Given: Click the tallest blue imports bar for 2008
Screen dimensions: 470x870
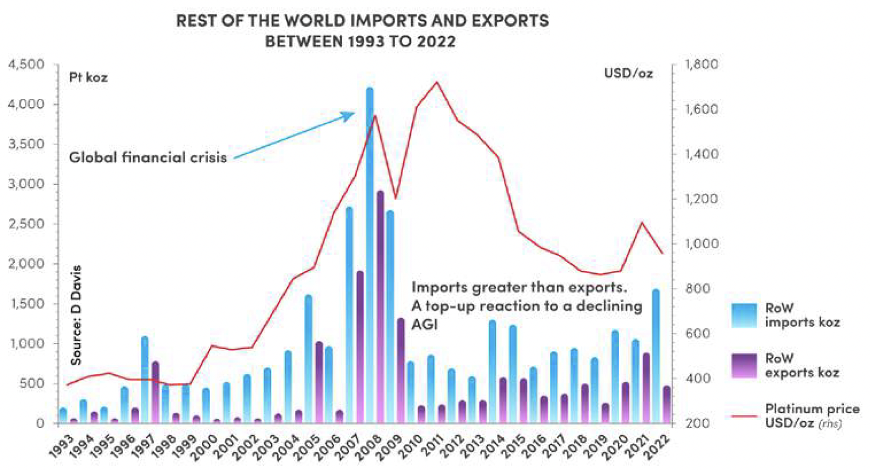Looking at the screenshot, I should click(370, 256).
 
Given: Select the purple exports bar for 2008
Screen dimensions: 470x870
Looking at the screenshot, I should click(380, 307).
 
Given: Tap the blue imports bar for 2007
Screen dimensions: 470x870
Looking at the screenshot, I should click(349, 316).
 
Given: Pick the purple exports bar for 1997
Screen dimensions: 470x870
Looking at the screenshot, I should click(155, 393).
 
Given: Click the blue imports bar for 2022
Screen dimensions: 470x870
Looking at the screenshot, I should click(656, 356).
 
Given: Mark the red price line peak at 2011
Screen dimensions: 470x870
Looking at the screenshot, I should click(437, 82).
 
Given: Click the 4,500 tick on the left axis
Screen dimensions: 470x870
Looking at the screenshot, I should click(26, 64).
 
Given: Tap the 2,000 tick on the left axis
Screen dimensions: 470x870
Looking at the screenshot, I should click(26, 264).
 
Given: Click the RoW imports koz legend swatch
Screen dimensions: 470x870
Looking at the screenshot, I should click(744, 315).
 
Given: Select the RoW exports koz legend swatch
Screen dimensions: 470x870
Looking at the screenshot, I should click(744, 366).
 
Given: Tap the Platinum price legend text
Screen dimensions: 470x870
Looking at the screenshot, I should click(811, 416).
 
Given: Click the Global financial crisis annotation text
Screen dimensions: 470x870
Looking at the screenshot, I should click(148, 158).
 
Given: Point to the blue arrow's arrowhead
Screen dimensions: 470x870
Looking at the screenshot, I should click(351, 114).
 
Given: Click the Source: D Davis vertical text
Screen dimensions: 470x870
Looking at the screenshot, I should click(76, 315).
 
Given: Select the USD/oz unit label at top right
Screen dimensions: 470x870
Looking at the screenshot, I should click(628, 73).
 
